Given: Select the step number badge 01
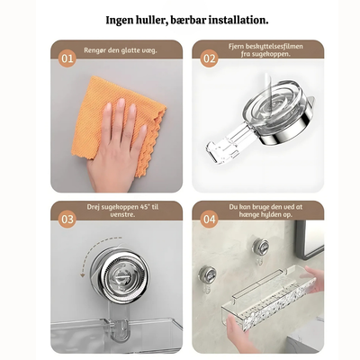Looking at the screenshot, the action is point(67,58).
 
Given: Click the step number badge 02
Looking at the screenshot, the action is point(209,58).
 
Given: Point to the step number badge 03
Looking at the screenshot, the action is point(67,220).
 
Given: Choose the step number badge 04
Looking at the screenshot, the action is point(209,220).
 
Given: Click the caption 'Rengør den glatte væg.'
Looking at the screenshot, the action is point(121,50).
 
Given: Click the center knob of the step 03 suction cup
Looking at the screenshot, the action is point(120,275).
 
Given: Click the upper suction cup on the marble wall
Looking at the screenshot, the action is point(260,247).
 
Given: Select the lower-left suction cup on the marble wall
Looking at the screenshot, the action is point(208,274).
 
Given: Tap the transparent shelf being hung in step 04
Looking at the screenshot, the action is point(268,299).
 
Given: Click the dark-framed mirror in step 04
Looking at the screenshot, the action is point(309,239).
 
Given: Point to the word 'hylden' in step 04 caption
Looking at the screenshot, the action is point(270,215).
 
